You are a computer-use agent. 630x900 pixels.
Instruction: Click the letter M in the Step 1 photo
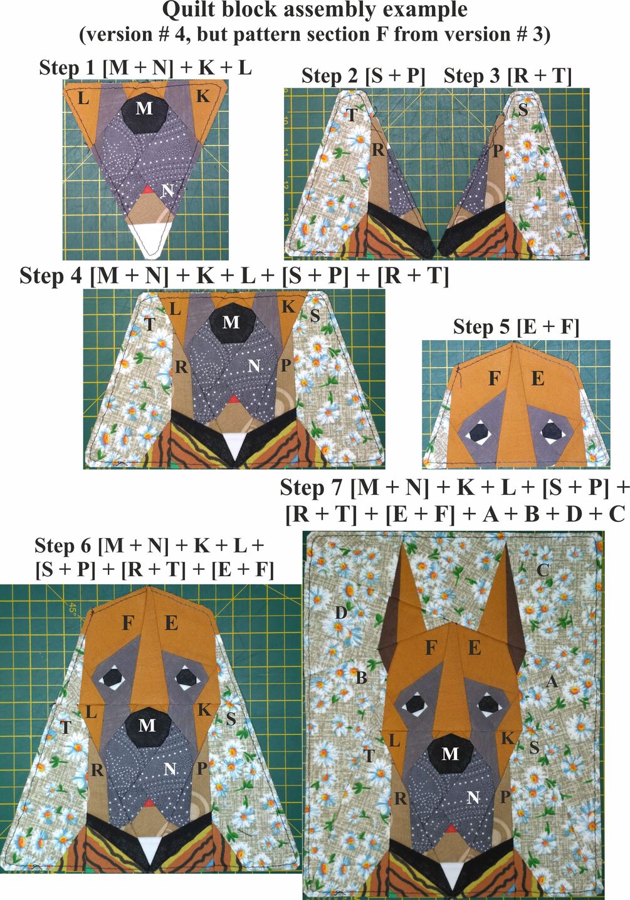pyautogui.click(x=144, y=108)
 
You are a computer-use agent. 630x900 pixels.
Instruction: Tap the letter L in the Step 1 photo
pyautogui.click(x=83, y=98)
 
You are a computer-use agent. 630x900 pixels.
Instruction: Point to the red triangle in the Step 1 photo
pyautogui.click(x=148, y=190)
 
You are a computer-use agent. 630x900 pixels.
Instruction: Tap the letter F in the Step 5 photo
pyautogui.click(x=494, y=379)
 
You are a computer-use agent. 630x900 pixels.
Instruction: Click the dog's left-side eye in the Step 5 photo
pyautogui.click(x=478, y=433)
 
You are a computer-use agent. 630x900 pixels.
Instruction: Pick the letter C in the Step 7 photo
pyautogui.click(x=543, y=570)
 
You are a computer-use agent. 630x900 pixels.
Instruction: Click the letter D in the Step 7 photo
pyautogui.click(x=341, y=613)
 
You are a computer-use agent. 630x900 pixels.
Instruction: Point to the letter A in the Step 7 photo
pyautogui.click(x=552, y=681)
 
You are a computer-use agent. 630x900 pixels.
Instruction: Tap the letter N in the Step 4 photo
pyautogui.click(x=254, y=366)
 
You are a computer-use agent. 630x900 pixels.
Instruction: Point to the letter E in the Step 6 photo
pyautogui.click(x=171, y=623)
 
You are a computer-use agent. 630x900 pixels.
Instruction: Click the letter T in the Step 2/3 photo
pyautogui.click(x=352, y=115)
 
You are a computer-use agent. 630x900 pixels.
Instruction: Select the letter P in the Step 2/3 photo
pyautogui.click(x=498, y=152)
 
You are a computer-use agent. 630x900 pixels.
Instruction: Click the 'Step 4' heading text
pyautogui.click(x=51, y=276)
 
